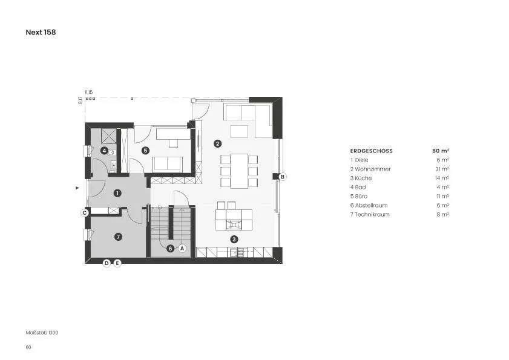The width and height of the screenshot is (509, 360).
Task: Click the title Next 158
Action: coord(41,32)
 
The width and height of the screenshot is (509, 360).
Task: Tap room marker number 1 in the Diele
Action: coord(117,194)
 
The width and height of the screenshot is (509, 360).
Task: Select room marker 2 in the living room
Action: coord(217,143)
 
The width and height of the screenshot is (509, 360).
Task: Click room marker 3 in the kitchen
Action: coord(234,240)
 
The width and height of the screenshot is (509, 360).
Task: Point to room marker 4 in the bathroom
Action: coord(104,151)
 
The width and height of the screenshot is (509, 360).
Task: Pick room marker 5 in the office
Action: coord(145,151)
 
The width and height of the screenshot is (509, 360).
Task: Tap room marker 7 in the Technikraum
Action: coord(118,237)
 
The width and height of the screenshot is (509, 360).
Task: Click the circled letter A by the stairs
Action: coord(182,249)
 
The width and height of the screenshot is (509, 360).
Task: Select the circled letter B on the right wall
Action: coord(283,177)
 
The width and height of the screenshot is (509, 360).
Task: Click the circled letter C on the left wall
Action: coord(85,213)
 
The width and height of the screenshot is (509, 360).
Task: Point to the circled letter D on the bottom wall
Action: coord(107,263)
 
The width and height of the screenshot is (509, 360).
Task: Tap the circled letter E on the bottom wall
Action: coord(117,263)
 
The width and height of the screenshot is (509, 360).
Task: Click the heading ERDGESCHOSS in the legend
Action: coord(372,151)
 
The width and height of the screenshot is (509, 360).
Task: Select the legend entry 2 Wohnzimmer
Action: coord(370,169)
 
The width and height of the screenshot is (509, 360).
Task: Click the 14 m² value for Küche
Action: coord(442,178)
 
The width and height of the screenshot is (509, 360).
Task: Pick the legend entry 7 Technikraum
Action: coord(370,215)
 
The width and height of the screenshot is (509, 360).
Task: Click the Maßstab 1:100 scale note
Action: coord(42,333)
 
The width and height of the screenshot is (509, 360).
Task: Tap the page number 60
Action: coord(28,347)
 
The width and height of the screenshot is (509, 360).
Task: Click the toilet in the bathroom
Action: coord(112,152)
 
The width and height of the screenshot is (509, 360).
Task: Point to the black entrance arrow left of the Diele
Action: coord(77,188)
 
